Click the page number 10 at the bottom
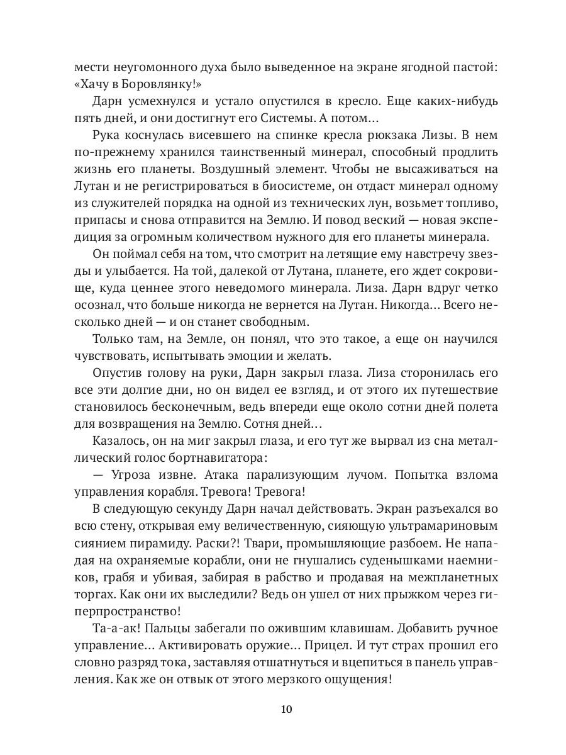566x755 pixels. (286, 709)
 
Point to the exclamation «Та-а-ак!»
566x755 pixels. (119, 628)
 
